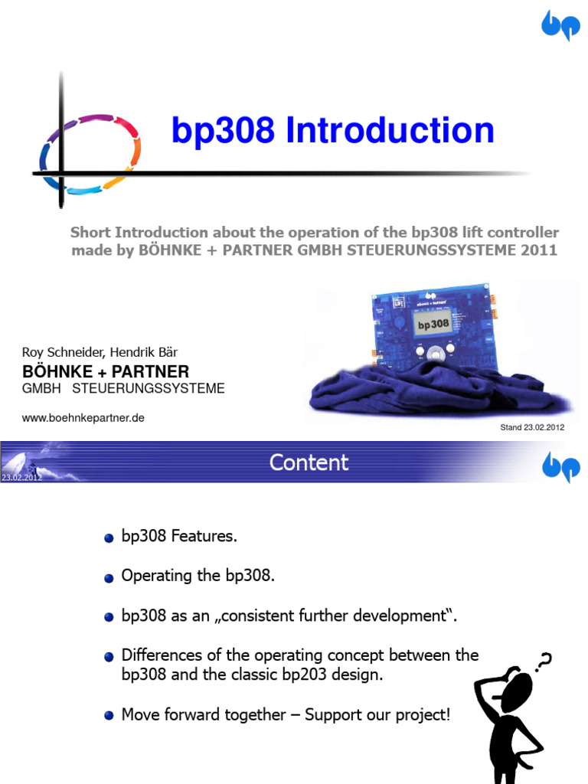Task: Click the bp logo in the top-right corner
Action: click(x=560, y=26)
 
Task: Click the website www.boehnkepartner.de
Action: click(x=83, y=417)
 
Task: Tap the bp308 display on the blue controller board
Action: click(x=433, y=323)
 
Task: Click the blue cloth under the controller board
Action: click(x=429, y=394)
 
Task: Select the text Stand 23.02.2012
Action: click(x=532, y=427)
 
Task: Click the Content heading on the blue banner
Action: click(x=309, y=462)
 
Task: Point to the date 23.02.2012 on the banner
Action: click(x=21, y=477)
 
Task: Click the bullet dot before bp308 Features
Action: click(x=109, y=538)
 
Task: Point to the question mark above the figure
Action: click(x=545, y=662)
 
